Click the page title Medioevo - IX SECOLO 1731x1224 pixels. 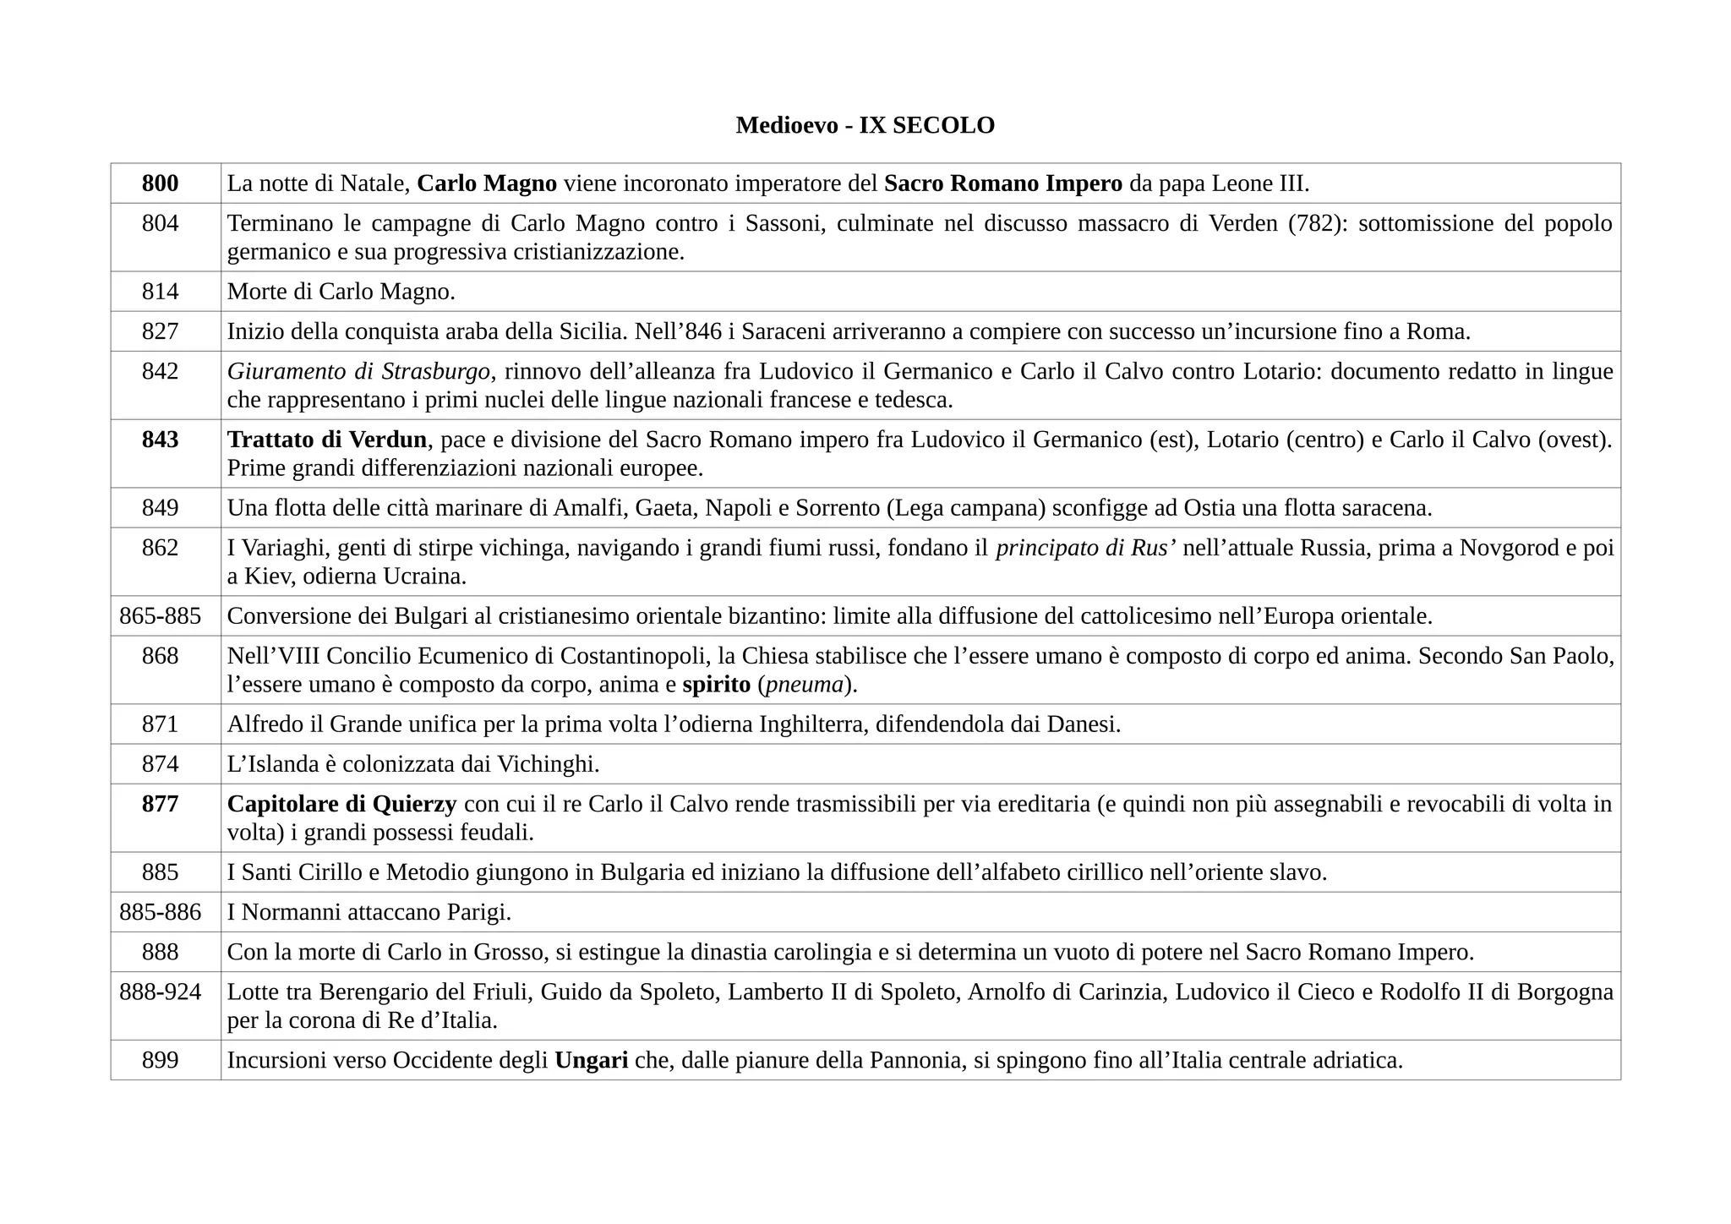865,125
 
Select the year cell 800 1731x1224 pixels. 160,183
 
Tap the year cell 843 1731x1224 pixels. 160,440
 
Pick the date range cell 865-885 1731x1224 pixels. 160,616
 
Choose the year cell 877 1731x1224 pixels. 160,804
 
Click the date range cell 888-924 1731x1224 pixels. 160,992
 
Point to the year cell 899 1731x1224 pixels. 160,1060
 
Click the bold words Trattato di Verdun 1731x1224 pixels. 326,440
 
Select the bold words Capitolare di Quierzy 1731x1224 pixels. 341,804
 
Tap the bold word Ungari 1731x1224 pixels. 591,1060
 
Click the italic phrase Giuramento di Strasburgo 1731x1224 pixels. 358,372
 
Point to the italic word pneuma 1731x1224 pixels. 804,685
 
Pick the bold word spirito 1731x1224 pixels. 716,685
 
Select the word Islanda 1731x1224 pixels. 281,765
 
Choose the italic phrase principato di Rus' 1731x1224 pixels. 1085,549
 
